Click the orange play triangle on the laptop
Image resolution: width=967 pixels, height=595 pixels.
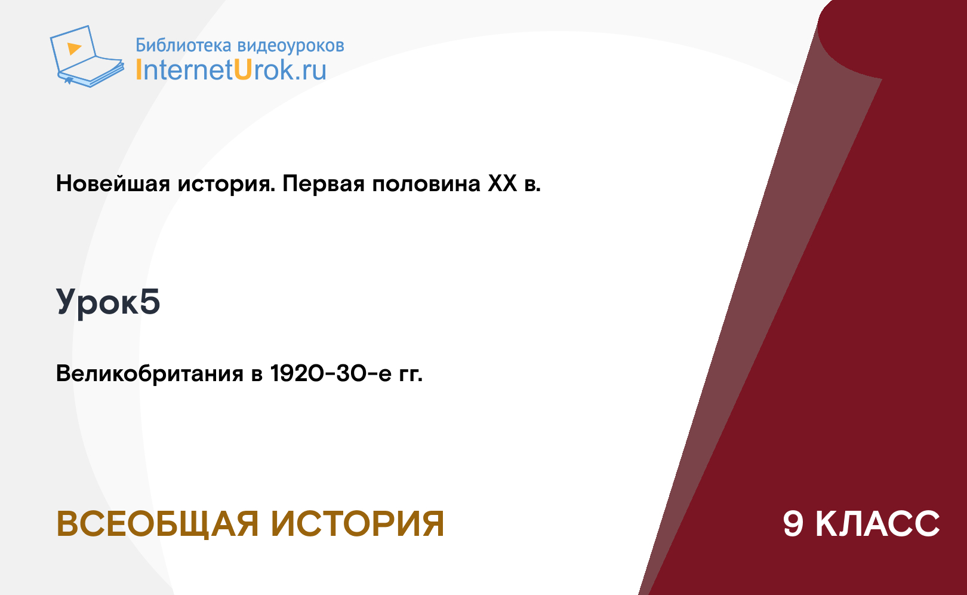tap(74, 48)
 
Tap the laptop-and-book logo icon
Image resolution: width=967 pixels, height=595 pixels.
tap(87, 56)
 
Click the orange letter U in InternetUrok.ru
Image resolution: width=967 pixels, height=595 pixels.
tap(244, 70)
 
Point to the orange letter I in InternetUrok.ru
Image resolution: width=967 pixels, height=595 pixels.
tap(138, 70)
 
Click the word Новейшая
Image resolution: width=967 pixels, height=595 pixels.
tap(113, 183)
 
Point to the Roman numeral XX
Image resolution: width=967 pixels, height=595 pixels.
tap(503, 183)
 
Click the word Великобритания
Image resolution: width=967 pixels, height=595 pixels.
tap(150, 373)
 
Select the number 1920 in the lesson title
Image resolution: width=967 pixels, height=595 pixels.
tap(297, 373)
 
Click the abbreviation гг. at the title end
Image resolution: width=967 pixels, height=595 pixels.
tap(411, 374)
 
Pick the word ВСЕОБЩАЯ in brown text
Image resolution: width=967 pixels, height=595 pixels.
tap(157, 525)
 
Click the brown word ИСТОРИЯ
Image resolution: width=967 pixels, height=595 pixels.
tap(358, 524)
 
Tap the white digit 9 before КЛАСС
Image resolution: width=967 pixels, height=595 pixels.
tap(793, 524)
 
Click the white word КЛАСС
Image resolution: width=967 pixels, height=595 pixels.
tap(877, 524)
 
